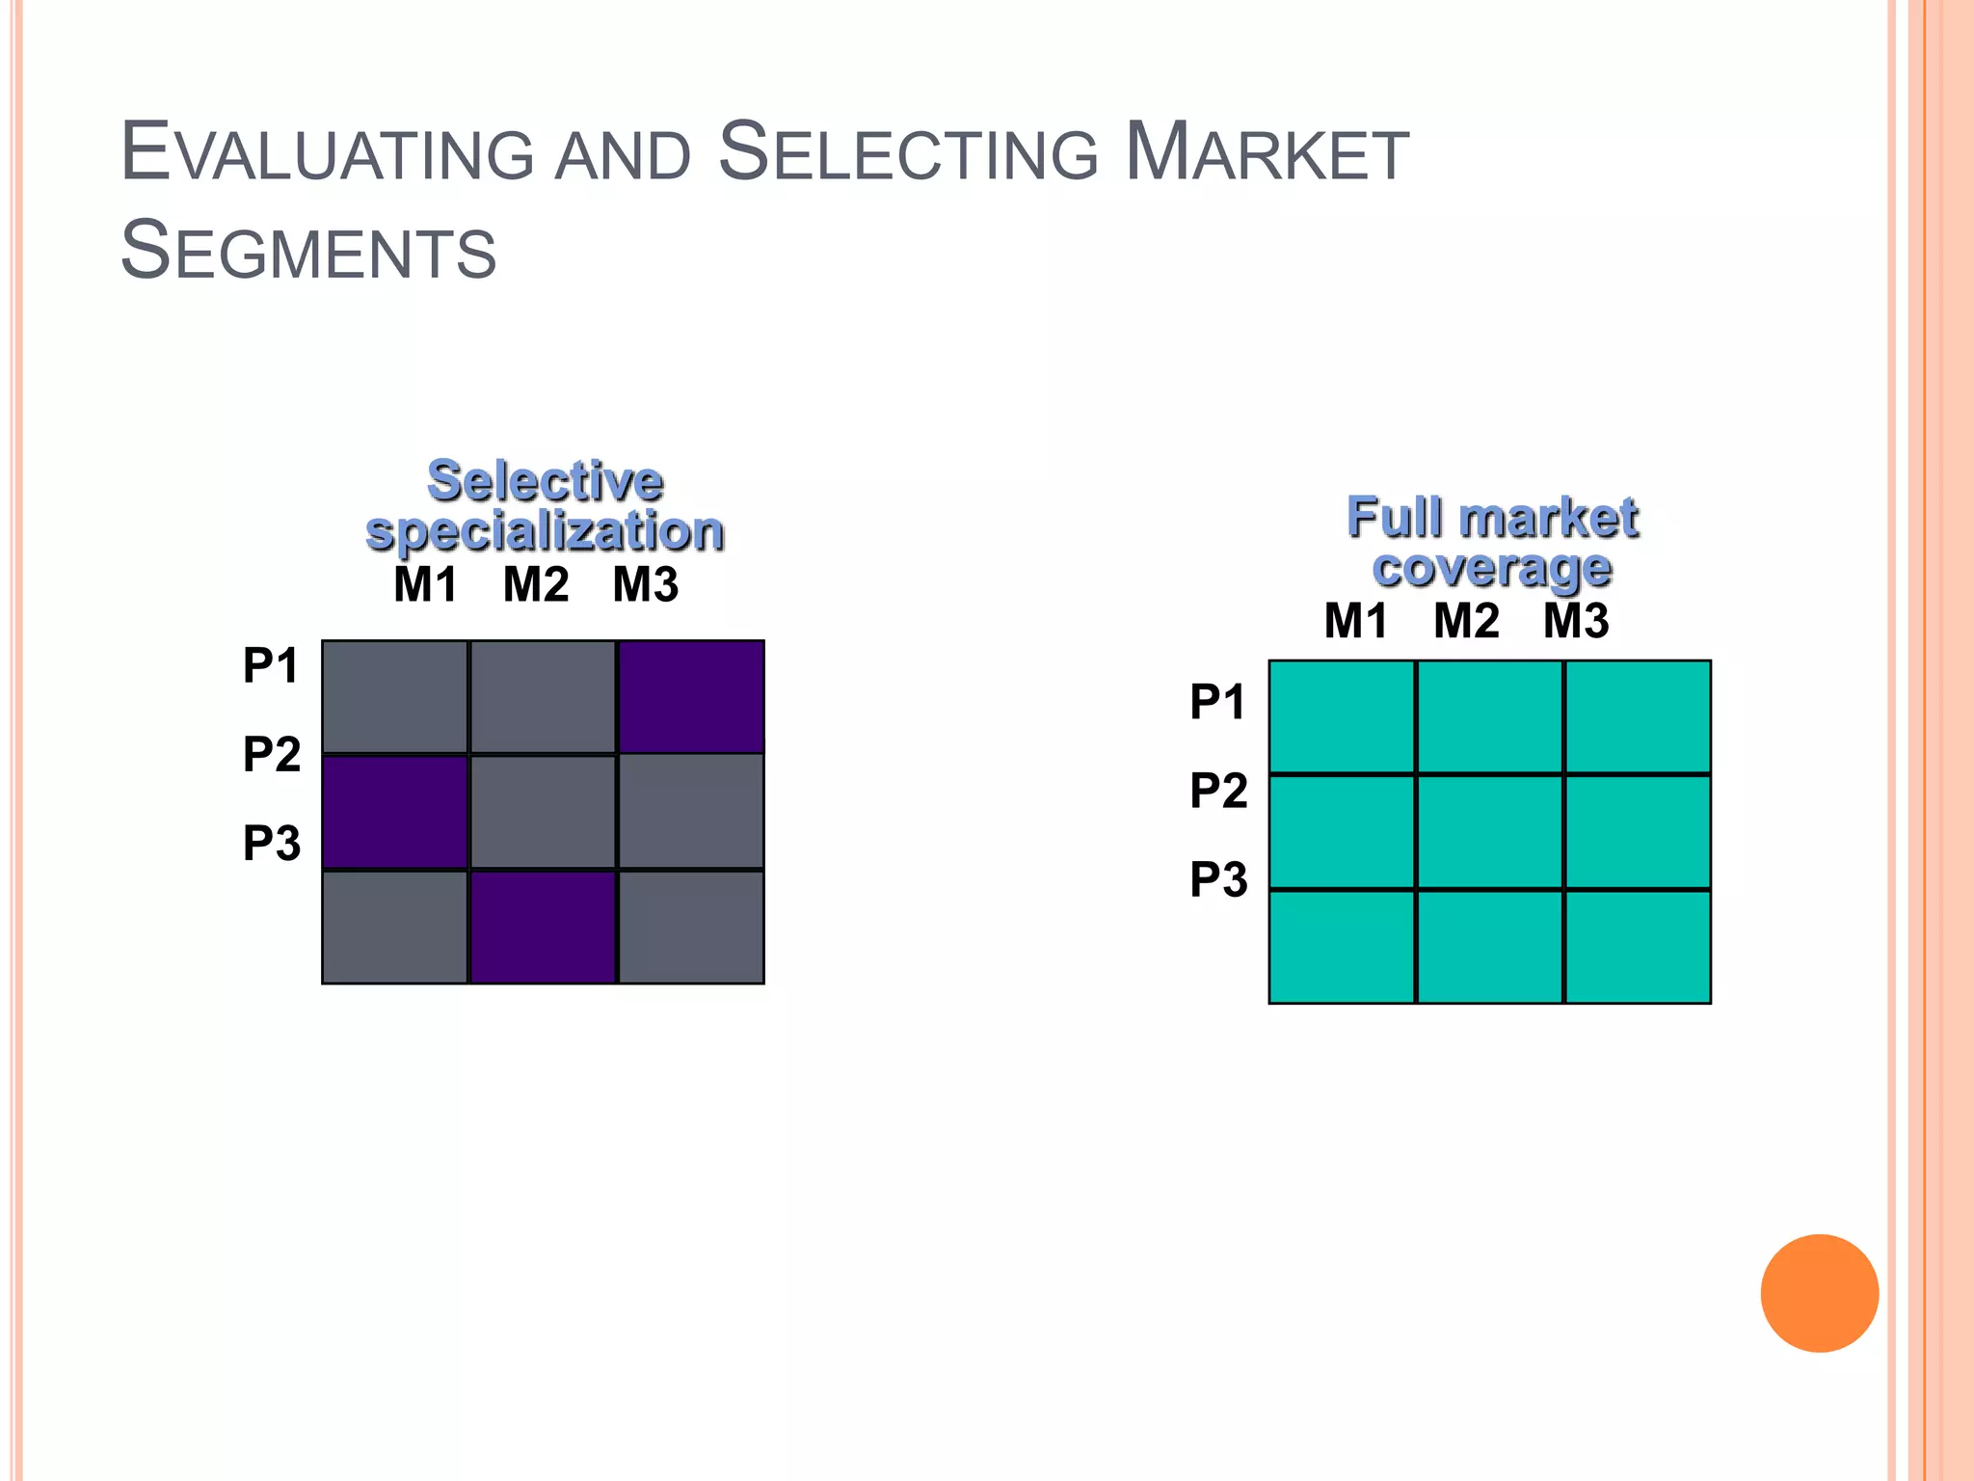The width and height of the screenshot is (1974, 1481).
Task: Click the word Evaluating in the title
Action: click(327, 152)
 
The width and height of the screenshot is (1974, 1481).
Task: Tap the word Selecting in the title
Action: click(908, 152)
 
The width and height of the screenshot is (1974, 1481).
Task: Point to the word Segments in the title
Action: click(307, 251)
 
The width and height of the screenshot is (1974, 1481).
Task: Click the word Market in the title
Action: click(1267, 152)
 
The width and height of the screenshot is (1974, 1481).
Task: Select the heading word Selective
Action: click(545, 480)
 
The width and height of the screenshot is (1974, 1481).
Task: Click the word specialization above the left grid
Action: click(545, 531)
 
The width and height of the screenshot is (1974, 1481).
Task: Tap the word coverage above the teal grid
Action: click(1492, 568)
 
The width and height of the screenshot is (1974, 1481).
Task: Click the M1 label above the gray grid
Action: click(425, 584)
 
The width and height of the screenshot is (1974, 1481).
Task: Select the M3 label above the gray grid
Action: click(646, 584)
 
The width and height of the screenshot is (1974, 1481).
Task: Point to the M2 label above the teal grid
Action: click(1466, 620)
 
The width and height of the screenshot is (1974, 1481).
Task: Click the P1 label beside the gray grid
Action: click(271, 665)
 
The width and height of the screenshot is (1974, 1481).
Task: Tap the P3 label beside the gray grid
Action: click(272, 843)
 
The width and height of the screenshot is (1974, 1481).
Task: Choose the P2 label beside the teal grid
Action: click(1218, 791)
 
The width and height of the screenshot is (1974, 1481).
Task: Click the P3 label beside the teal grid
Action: click(1218, 879)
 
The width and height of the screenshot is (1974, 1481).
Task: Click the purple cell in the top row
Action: click(691, 696)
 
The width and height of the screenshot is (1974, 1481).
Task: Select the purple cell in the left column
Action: click(395, 812)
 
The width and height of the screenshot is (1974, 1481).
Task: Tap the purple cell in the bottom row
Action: click(543, 928)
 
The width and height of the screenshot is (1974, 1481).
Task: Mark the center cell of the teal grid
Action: click(1489, 831)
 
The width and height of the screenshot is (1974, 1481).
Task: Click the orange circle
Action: click(1819, 1293)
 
